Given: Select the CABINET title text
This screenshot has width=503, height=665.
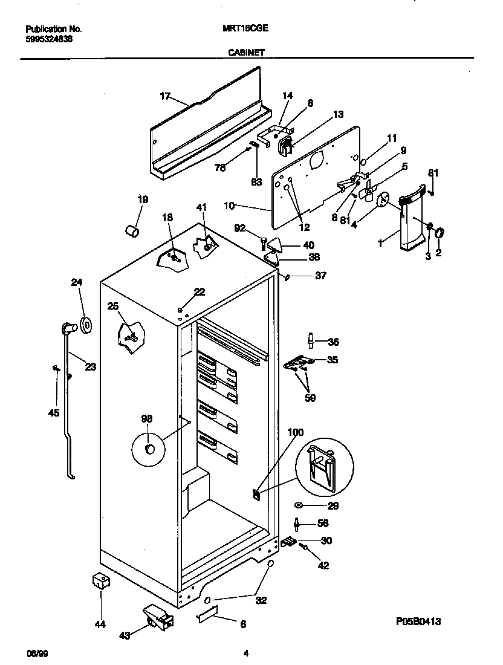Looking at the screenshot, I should (x=245, y=53).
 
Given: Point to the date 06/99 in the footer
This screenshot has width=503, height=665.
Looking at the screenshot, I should (x=37, y=653).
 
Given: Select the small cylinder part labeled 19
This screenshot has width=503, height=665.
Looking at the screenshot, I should (x=132, y=230).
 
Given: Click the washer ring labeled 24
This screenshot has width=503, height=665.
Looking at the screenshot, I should (x=85, y=326).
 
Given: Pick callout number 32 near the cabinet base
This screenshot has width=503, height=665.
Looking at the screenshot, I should (x=261, y=601).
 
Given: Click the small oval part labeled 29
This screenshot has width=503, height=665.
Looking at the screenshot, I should (x=299, y=505).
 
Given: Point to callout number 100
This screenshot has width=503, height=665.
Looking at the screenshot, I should (x=296, y=432).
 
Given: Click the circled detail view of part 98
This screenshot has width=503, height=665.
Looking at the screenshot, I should (x=149, y=448).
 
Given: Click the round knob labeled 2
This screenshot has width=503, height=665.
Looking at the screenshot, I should (x=440, y=232).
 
